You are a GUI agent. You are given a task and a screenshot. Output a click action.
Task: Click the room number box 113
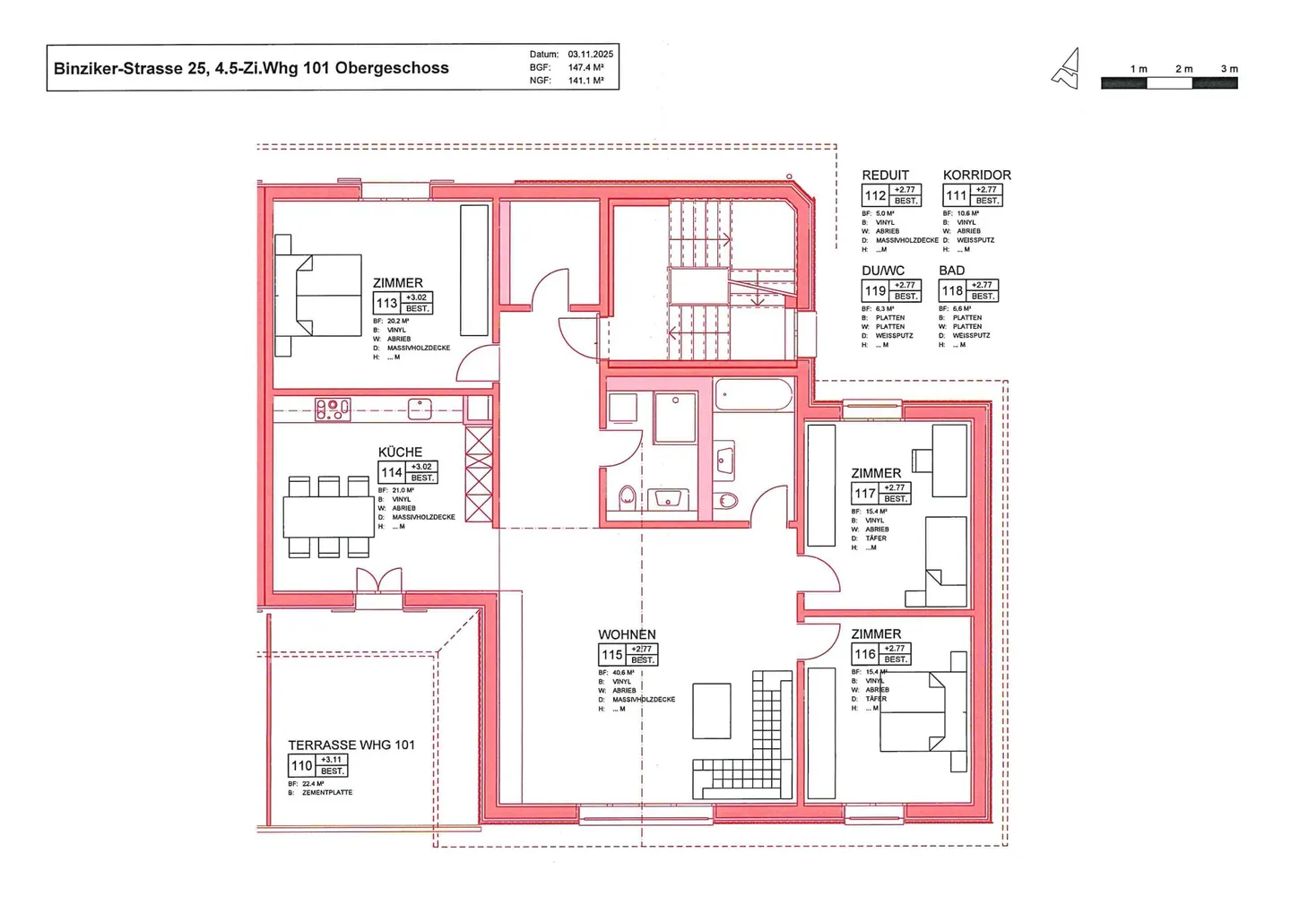point(386,303)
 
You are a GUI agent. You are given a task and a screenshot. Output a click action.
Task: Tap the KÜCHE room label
point(400,452)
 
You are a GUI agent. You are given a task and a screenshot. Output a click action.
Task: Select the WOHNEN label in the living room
point(627,634)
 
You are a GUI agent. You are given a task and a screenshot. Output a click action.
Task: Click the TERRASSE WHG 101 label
point(351,745)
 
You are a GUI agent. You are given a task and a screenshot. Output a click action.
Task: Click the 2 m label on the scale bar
point(1183,69)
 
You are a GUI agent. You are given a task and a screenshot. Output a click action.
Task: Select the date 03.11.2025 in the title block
point(590,55)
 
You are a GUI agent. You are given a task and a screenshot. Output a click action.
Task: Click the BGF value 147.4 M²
point(585,67)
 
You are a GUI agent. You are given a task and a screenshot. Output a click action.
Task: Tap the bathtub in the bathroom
point(753,394)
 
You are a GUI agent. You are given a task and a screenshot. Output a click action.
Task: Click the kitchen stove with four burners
point(333,409)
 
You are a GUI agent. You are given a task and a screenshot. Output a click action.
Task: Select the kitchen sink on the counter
point(420,409)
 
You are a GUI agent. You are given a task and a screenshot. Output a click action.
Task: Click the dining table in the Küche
point(328,516)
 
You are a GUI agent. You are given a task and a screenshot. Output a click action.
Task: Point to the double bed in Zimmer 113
point(321,295)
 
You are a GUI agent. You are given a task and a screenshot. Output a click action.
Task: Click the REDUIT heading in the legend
point(885,175)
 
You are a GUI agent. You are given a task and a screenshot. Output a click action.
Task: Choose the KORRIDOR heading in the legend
point(976,175)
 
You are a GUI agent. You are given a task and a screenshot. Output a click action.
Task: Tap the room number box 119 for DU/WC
point(875,291)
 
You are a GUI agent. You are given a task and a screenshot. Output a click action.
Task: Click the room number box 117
point(864,494)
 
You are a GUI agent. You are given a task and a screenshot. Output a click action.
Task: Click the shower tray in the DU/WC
point(674,418)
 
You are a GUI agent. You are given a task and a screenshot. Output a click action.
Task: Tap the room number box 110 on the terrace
point(301,766)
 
